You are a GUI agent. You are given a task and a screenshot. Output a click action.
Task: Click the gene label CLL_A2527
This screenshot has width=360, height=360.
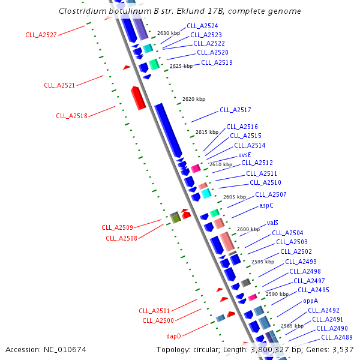pyautogui.click(x=41, y=35)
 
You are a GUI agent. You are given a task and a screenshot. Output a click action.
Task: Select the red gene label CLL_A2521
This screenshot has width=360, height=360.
pyautogui.click(x=59, y=85)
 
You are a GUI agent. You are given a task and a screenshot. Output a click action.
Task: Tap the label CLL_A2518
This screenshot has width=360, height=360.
pyautogui.click(x=71, y=116)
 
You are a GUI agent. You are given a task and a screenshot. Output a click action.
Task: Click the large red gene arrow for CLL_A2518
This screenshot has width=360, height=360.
pyautogui.click(x=138, y=98)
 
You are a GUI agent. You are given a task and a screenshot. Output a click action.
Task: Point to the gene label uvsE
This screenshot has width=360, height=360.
pyautogui.click(x=244, y=154)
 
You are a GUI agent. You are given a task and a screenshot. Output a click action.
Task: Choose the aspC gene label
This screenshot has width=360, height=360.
pyautogui.click(x=266, y=205)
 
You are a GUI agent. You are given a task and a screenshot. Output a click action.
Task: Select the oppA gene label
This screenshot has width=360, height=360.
pyautogui.click(x=310, y=301)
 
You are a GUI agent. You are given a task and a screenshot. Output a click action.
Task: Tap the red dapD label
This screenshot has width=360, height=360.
pyautogui.click(x=173, y=336)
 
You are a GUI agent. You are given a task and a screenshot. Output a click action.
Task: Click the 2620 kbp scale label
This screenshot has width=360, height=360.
pyautogui.click(x=194, y=99)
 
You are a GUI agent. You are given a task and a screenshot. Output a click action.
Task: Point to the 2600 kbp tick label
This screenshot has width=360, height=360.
pyautogui.click(x=248, y=229)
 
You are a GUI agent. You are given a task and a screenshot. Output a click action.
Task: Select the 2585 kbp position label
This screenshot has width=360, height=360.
pyautogui.click(x=292, y=326)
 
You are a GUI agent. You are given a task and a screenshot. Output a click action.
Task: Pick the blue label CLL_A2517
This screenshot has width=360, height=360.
pyautogui.click(x=235, y=110)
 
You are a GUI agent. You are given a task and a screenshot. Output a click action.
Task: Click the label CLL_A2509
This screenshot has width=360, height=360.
pyautogui.click(x=117, y=227)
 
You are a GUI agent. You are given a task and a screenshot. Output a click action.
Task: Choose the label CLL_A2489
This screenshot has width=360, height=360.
pyautogui.click(x=336, y=337)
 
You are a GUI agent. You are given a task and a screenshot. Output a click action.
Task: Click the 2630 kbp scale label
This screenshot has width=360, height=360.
pyautogui.click(x=169, y=34)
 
